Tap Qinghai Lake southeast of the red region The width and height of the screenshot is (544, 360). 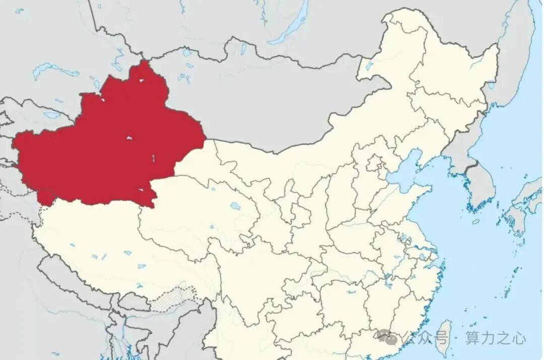pos(234,205)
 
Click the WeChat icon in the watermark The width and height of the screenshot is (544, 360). pos(385,336)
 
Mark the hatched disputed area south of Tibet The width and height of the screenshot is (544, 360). pos(174,297)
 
